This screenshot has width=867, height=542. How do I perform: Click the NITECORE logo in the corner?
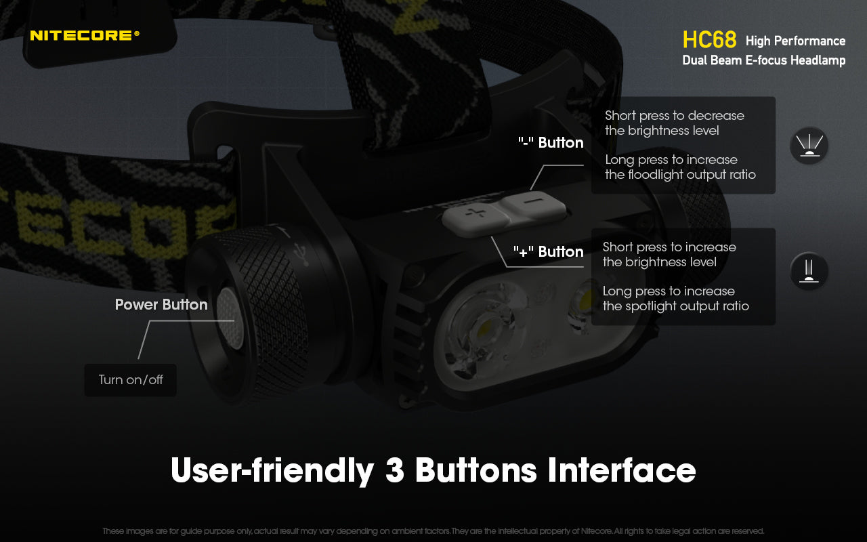85,35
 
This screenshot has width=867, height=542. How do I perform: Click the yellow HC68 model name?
709,40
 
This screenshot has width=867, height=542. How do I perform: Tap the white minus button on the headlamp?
534,203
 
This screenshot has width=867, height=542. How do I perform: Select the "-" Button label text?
550,143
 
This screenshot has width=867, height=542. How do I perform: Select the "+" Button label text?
548,252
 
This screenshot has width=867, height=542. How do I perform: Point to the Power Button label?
161,305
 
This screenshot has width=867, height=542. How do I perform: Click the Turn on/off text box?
131,380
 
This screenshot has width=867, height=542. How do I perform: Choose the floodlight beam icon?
809,145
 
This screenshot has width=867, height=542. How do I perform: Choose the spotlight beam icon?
809,272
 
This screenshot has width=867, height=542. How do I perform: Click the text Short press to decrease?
674,116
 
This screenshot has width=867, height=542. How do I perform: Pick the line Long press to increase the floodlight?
679,167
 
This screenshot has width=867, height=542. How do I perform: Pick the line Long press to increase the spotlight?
675,299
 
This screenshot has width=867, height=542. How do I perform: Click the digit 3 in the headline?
394,470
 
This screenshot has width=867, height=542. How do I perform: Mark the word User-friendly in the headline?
272,470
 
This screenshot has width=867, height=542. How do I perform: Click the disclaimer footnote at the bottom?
433,531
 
